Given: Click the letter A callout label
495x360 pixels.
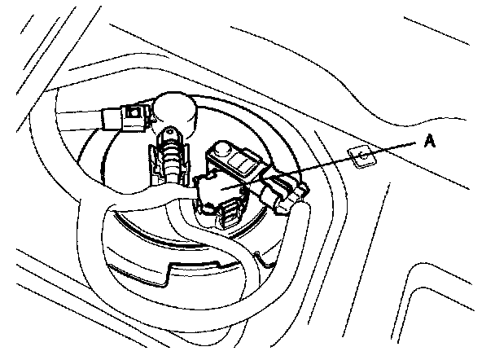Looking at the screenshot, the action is coord(432,140).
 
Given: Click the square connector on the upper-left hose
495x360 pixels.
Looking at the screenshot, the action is coord(126,118).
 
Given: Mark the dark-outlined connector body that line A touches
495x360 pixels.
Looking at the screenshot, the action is coord(223,192).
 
